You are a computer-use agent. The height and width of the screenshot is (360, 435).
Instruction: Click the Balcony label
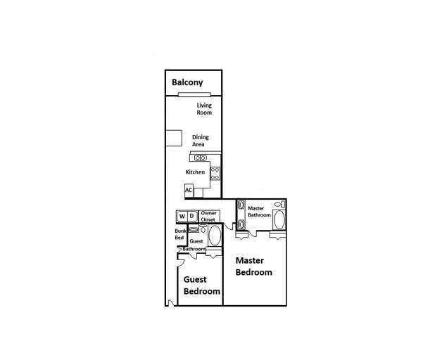pos(188,82)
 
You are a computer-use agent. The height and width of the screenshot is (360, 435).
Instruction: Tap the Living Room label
pos(204,109)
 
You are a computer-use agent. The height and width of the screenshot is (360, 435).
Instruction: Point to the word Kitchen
pos(195,172)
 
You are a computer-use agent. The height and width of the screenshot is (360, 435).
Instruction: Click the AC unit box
pos(189,190)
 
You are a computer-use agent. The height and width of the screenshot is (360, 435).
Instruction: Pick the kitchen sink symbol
pos(200,157)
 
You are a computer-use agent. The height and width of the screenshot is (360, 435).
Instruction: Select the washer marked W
pos(182,216)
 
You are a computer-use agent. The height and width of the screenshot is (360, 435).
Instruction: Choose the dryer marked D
pos(191,216)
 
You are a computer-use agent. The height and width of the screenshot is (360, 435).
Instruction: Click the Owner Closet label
pos(208,216)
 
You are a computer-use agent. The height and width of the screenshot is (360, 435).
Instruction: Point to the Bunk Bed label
pos(179,234)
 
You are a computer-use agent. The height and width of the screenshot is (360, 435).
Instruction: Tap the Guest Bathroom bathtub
pos(214,236)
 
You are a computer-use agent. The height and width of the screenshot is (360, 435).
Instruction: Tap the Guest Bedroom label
pos(201,285)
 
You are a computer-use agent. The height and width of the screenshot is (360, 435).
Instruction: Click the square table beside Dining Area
pos(173,139)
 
